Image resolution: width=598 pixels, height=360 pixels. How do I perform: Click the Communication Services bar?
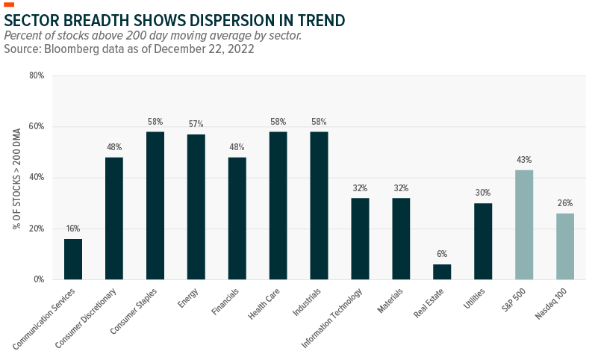(x=73, y=259)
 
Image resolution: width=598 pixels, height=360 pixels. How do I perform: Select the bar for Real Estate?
(x=442, y=272)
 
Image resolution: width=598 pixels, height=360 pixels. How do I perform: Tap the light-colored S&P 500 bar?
(x=524, y=225)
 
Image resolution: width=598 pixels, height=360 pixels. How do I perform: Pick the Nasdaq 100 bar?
(x=565, y=246)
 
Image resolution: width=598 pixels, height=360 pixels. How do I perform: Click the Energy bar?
(x=196, y=207)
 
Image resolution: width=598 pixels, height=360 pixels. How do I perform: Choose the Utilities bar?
(x=483, y=241)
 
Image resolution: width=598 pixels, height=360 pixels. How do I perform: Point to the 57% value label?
(x=196, y=124)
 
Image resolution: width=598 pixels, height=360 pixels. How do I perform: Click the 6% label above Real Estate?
(x=442, y=254)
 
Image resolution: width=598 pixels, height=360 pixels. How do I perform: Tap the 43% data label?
(x=524, y=160)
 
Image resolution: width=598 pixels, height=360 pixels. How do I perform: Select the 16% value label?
(x=73, y=229)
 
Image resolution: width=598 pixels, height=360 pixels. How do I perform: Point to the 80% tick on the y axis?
(x=37, y=75)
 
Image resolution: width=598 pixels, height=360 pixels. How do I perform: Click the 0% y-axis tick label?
(x=40, y=279)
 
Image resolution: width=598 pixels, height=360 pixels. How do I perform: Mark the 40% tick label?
(x=37, y=177)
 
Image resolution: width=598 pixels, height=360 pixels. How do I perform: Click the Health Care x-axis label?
(x=264, y=303)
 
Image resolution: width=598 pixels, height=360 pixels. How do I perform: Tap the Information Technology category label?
(x=331, y=318)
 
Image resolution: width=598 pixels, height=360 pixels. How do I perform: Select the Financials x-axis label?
(x=225, y=302)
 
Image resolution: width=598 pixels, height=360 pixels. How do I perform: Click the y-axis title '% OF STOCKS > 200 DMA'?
(x=16, y=179)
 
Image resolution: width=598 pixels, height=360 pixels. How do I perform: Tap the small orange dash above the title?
(x=9, y=4)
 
